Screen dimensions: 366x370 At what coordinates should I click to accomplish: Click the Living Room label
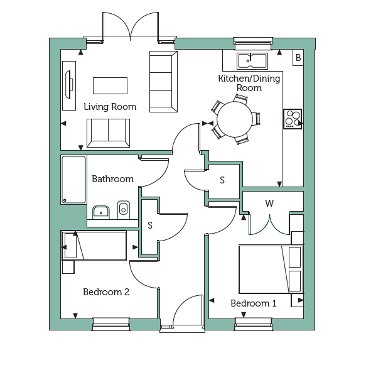[110, 107]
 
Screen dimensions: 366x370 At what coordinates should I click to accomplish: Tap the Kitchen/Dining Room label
[249, 83]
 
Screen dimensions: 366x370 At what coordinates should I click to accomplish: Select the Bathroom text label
[113, 179]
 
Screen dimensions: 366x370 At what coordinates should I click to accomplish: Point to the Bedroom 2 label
[106, 292]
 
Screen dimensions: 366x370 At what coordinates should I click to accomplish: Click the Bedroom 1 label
[254, 303]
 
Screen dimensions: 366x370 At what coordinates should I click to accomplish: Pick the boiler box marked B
[298, 57]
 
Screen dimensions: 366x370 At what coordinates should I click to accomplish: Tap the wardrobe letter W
[269, 203]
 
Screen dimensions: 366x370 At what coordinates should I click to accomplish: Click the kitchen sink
[252, 61]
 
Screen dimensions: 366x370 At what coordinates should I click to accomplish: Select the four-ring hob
[293, 119]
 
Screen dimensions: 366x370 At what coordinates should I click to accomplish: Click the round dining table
[234, 119]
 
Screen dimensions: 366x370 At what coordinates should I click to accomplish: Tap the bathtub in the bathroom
[73, 180]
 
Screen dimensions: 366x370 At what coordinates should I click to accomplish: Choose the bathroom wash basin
[101, 212]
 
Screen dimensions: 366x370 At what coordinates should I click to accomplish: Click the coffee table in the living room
[110, 85]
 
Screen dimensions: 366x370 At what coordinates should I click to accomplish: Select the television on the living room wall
[69, 85]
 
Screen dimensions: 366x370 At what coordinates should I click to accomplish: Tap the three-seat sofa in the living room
[163, 82]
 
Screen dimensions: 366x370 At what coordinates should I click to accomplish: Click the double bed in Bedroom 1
[271, 269]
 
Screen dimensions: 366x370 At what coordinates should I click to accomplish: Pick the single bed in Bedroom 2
[94, 246]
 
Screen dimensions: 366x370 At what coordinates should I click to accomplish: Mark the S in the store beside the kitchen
[222, 180]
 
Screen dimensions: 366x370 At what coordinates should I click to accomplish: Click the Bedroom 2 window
[111, 324]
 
